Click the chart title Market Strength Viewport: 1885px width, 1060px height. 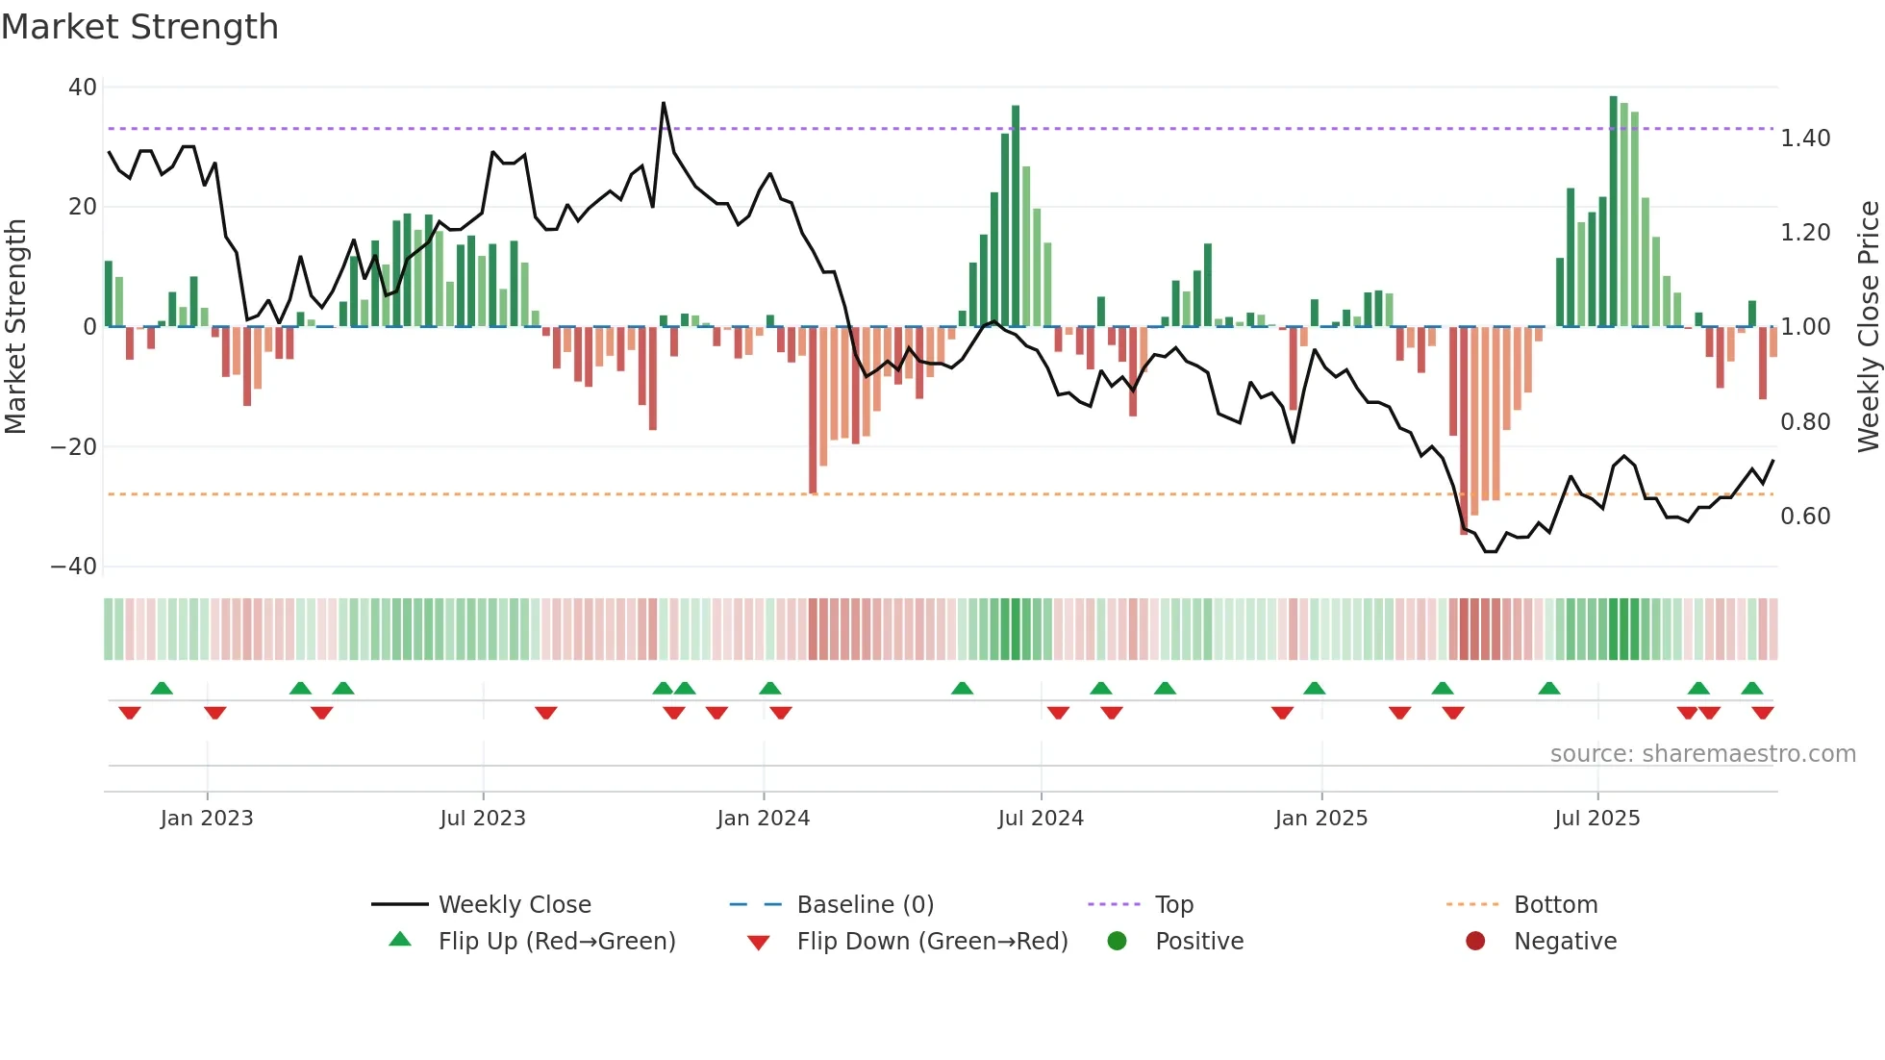click(x=139, y=27)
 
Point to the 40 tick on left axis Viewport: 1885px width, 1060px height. click(x=83, y=88)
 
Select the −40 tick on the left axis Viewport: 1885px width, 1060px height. click(x=74, y=567)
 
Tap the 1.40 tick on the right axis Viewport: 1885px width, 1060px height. click(x=1805, y=139)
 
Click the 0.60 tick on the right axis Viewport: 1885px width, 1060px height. click(x=1805, y=517)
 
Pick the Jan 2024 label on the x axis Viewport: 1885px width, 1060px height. click(x=763, y=819)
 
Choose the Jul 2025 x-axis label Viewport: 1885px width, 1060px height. click(x=1596, y=819)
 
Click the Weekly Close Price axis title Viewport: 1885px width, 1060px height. click(x=1868, y=326)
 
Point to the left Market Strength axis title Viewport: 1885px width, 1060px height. click(x=16, y=326)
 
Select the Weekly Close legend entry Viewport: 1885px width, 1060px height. click(x=514, y=905)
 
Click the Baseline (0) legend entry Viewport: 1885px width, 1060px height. click(x=865, y=905)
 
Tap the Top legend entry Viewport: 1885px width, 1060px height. click(x=1173, y=905)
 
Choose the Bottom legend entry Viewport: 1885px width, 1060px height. click(x=1555, y=905)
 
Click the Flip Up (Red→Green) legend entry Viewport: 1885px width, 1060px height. click(x=556, y=942)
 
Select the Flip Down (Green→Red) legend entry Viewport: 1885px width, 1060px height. click(x=931, y=942)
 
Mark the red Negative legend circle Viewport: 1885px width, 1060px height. click(x=1475, y=942)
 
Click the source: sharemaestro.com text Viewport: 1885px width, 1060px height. click(x=1702, y=754)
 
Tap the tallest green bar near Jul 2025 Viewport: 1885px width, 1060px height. click(x=1613, y=212)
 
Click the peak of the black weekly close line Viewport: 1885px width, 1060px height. click(x=663, y=103)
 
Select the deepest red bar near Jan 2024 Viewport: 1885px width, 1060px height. click(x=813, y=410)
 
